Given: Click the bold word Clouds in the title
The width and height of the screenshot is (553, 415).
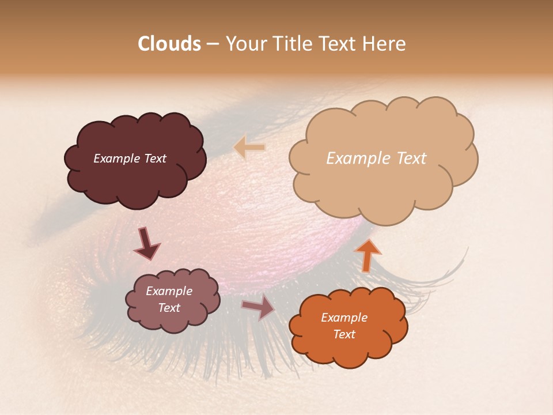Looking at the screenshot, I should [x=169, y=44].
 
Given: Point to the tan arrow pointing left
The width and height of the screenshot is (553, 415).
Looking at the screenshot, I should [x=249, y=148].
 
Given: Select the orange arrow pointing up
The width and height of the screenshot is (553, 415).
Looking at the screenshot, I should [x=367, y=254].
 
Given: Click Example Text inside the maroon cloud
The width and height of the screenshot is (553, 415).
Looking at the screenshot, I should [x=130, y=159].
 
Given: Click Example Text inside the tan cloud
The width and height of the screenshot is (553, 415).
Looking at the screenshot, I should [x=376, y=159].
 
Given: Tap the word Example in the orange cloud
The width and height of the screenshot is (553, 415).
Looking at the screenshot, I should [x=344, y=318].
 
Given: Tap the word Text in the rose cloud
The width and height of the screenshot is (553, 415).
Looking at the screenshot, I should [x=169, y=308].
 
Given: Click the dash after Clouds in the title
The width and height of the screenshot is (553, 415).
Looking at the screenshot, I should [x=212, y=44].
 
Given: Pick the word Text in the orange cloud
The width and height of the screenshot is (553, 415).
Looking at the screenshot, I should [x=344, y=334].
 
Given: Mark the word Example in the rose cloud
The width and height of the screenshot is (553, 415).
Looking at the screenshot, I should [x=169, y=291].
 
